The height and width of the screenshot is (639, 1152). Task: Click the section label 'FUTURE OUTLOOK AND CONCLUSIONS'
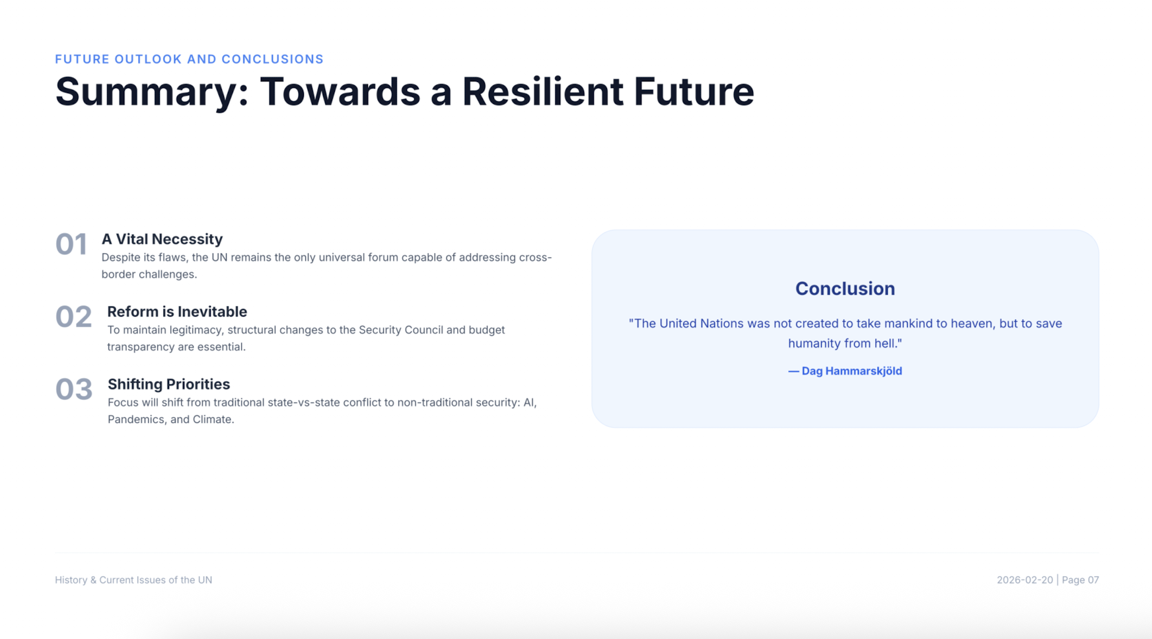click(x=189, y=59)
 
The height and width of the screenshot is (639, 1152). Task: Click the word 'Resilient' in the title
click(x=542, y=91)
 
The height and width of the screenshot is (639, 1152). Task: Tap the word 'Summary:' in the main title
click(x=152, y=93)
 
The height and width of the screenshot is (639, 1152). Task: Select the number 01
click(x=71, y=244)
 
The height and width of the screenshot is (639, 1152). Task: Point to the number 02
click(x=73, y=317)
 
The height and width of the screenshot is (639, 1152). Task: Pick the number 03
click(x=74, y=390)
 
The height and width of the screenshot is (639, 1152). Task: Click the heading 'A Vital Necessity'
click(x=162, y=239)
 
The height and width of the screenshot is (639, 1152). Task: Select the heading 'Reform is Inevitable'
click(x=177, y=312)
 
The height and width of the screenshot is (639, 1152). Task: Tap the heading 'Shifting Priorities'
click(x=168, y=385)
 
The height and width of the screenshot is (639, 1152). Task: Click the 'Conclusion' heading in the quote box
click(x=845, y=289)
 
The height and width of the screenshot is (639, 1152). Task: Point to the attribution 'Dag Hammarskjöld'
click(x=851, y=371)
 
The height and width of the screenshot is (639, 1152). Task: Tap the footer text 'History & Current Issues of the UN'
click(x=133, y=580)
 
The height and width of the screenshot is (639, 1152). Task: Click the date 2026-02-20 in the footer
click(x=1025, y=580)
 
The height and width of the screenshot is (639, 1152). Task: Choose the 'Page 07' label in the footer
click(x=1080, y=580)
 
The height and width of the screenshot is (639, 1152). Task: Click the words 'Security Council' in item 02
click(x=401, y=330)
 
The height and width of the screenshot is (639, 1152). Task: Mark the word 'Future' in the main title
click(x=694, y=91)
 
